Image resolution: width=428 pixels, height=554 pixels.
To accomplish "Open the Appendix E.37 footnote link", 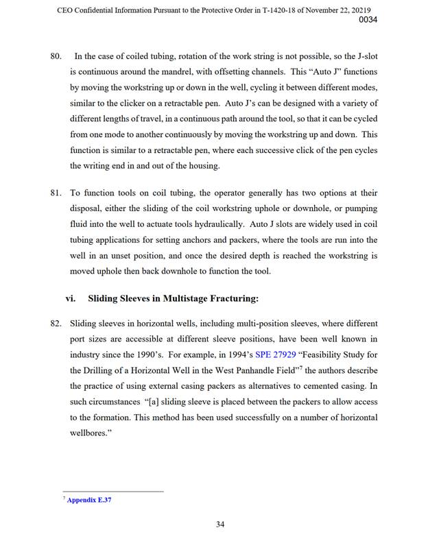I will click(89, 500).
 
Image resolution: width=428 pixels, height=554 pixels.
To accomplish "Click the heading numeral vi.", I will click(71, 298).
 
